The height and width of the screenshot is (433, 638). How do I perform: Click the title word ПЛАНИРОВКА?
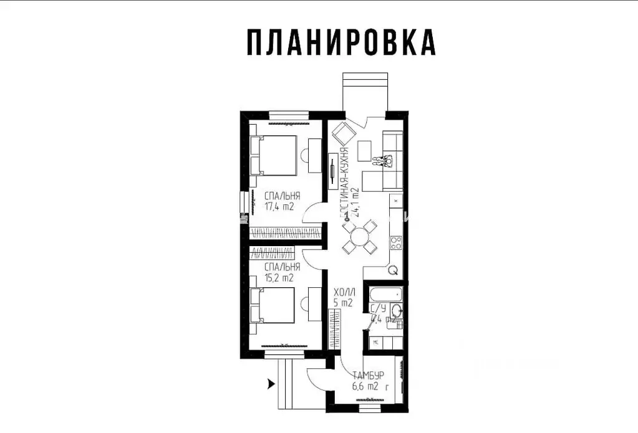[x=341, y=42]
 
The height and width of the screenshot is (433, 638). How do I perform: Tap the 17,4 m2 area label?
[x=279, y=206]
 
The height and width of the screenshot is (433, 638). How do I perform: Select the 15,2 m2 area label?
[x=279, y=278]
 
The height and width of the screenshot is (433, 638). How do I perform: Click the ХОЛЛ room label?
[x=344, y=292]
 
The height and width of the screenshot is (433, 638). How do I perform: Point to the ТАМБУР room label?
[x=367, y=376]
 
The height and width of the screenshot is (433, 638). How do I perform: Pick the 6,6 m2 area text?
[x=365, y=386]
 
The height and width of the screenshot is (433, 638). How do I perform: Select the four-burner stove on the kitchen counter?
[x=395, y=242]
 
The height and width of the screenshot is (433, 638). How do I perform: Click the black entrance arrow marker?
[x=270, y=384]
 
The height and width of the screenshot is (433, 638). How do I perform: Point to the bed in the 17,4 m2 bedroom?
[x=274, y=155]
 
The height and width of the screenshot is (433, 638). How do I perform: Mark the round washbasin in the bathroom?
[x=396, y=313]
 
